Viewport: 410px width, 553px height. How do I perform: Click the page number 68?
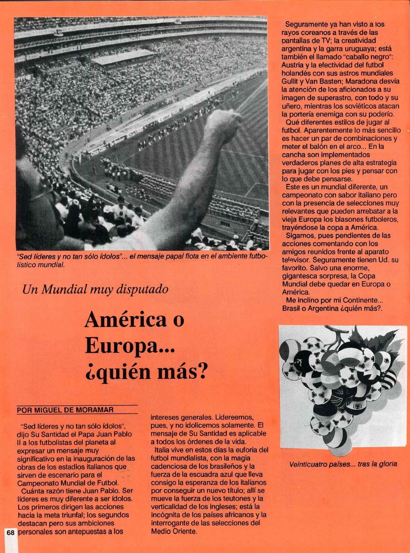10,541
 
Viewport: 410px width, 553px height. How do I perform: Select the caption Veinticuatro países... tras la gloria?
343,464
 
